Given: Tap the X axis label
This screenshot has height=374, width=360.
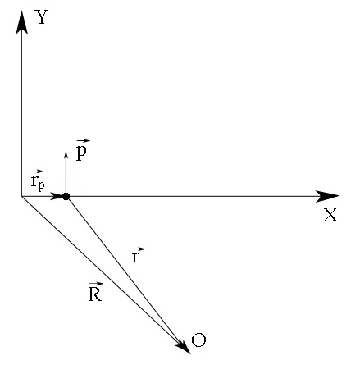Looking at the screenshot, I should pyautogui.click(x=330, y=216).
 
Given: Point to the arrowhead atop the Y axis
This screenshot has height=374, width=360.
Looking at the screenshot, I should pyautogui.click(x=22, y=21).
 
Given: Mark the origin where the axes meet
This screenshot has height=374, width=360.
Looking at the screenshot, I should pyautogui.click(x=22, y=196).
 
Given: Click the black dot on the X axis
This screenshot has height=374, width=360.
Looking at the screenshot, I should pyautogui.click(x=66, y=196).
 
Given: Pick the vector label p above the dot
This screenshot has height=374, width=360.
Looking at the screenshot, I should pyautogui.click(x=82, y=153).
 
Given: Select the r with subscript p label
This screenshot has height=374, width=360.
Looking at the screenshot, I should pyautogui.click(x=37, y=180).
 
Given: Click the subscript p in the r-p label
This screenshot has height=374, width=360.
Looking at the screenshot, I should pyautogui.click(x=41, y=185).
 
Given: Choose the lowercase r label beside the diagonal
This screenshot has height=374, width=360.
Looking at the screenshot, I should pyautogui.click(x=136, y=257).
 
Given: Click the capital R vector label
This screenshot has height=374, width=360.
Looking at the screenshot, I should pyautogui.click(x=94, y=294).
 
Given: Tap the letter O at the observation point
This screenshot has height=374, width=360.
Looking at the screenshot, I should pyautogui.click(x=198, y=340).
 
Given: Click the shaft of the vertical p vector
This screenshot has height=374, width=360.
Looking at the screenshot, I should pyautogui.click(x=66, y=176).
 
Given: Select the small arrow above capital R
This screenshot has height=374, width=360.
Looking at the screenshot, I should pyautogui.click(x=94, y=283).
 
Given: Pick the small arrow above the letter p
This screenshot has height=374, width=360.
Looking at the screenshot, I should pyautogui.click(x=82, y=141).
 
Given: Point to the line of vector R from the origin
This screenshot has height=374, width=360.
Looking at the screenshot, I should pyautogui.click(x=98, y=267).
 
